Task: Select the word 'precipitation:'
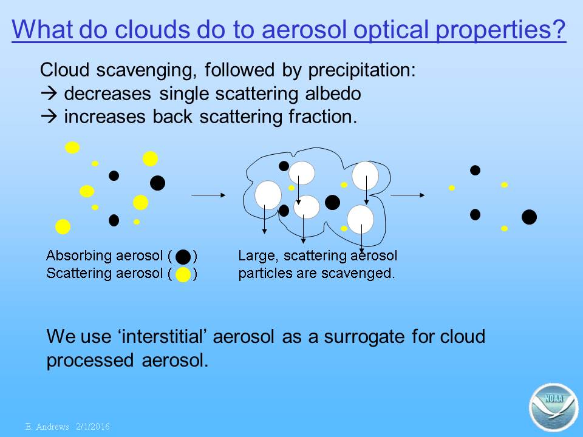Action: point(362,70)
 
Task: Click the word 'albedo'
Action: point(333,93)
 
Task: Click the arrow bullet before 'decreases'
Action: point(49,93)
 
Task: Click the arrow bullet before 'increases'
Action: point(49,117)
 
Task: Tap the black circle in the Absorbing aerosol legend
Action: point(183,257)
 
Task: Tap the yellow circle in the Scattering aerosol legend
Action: point(183,274)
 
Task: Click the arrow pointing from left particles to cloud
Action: point(208,195)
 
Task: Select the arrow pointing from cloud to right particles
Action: point(407,195)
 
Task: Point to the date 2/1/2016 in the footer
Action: point(93,427)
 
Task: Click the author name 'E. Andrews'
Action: point(47,427)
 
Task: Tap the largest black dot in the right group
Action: point(529,217)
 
